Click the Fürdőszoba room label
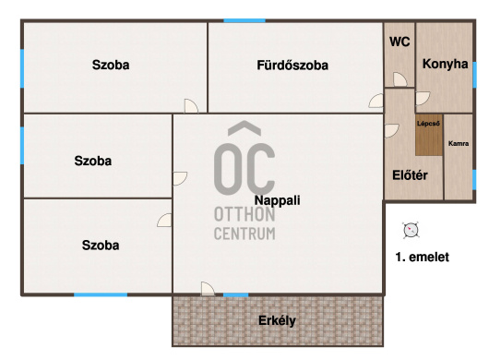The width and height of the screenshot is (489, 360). (292, 66)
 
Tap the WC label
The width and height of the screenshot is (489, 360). (400, 42)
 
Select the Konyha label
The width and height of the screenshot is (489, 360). (445, 64)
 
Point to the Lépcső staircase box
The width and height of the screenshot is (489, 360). (429, 135)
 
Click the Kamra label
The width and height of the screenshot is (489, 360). (459, 143)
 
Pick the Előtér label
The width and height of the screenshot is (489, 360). (410, 175)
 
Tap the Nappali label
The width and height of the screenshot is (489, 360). (277, 200)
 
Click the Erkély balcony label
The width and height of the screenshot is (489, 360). (277, 320)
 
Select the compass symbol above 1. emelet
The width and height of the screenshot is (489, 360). (411, 231)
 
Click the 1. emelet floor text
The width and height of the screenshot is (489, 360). (423, 257)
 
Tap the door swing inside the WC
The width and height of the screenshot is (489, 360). (400, 79)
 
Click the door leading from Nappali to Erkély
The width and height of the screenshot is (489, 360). (208, 289)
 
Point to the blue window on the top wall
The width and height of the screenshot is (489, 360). (244, 21)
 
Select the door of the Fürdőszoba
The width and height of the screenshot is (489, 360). (376, 101)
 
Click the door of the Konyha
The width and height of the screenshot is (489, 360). (423, 98)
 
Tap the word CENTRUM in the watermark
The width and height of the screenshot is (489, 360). (244, 234)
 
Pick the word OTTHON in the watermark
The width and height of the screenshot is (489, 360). (244, 215)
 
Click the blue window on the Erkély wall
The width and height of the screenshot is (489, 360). (236, 294)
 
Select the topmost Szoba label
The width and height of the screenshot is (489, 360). (111, 65)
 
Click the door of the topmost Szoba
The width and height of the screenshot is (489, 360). (191, 106)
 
